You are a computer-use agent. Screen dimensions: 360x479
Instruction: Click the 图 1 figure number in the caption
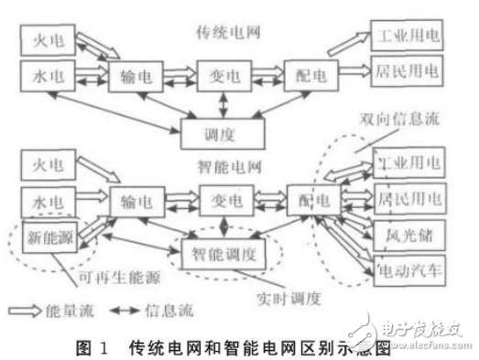click(93, 346)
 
